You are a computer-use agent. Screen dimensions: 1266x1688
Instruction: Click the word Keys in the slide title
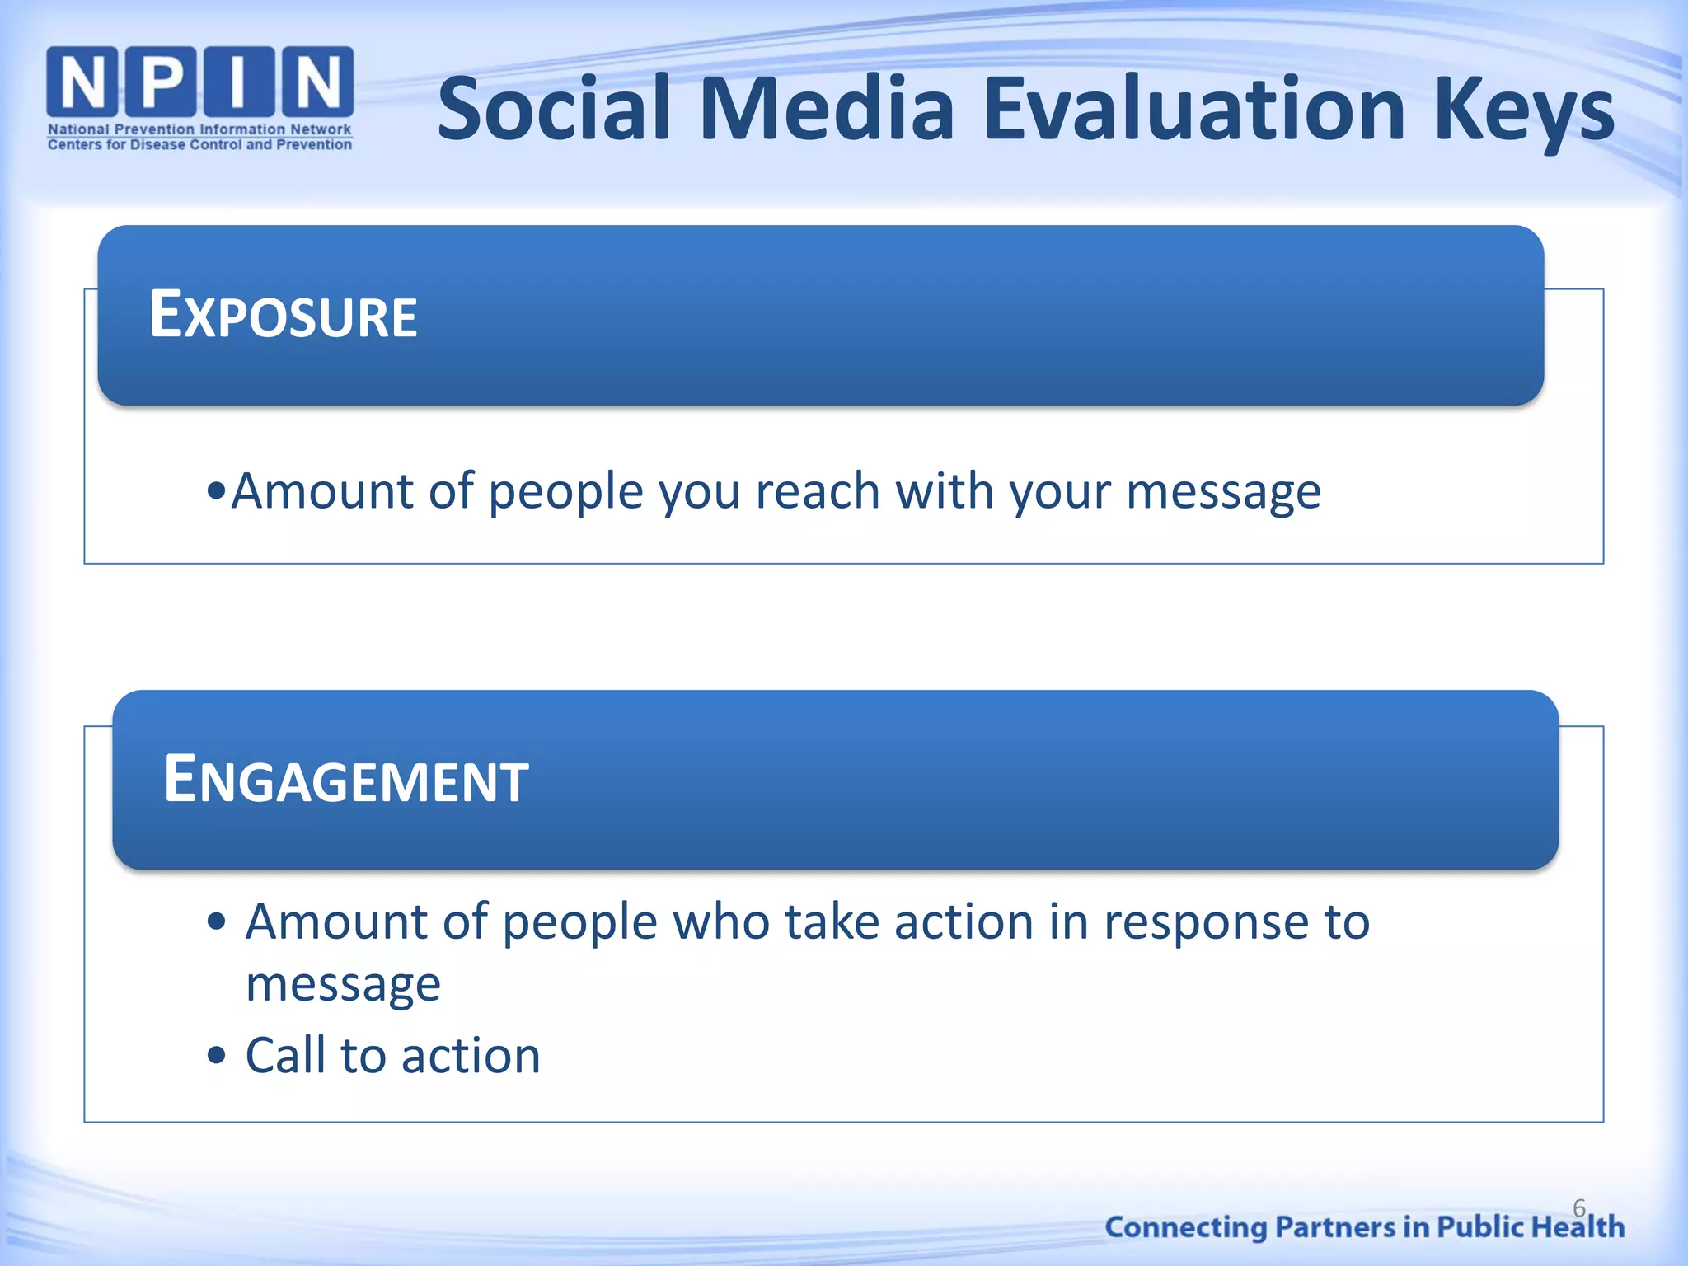coord(1523,111)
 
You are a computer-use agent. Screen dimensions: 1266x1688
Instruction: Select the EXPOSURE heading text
coord(283,316)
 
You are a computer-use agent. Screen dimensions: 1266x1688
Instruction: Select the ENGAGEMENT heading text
coord(345,780)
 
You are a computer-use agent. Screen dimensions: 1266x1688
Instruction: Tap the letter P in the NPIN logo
coord(162,82)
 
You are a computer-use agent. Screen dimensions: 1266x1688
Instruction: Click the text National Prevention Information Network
coord(199,129)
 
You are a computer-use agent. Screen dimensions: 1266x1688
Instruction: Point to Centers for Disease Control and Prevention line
coord(199,145)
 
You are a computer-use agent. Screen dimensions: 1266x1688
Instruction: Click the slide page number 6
coord(1578,1208)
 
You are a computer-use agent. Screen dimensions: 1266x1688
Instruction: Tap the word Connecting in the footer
coord(1185,1228)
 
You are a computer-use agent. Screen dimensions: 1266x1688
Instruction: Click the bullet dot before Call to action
coord(216,1055)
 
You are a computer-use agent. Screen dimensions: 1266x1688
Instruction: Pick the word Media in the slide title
coord(827,109)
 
